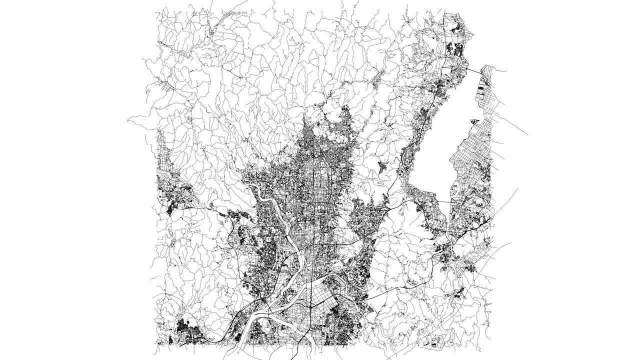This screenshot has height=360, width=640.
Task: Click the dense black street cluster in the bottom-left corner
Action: point(187,332)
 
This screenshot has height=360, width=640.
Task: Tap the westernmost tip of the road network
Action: point(128,120)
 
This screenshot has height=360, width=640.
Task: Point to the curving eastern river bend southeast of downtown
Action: point(345,280)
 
